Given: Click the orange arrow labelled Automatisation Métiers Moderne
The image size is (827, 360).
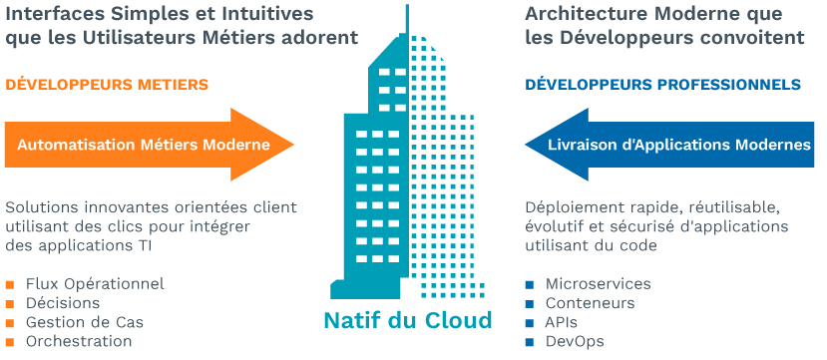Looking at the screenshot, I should click(x=145, y=145).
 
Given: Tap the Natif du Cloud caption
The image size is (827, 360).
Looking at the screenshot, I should click(x=408, y=321).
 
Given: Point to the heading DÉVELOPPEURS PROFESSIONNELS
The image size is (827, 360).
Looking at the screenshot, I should click(x=662, y=85).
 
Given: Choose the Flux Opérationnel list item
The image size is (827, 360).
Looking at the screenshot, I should click(x=95, y=284).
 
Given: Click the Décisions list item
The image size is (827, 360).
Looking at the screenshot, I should click(x=63, y=303).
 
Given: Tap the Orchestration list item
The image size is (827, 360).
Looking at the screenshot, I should click(x=79, y=341).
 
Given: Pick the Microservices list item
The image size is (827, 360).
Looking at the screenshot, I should click(x=598, y=284).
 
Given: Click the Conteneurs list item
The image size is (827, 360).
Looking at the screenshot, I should click(x=590, y=303).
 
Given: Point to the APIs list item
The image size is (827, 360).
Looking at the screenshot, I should click(x=562, y=322).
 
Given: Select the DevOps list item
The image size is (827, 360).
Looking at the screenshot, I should click(x=575, y=341).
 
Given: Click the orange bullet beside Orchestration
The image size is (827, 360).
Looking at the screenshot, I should click(x=11, y=342).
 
